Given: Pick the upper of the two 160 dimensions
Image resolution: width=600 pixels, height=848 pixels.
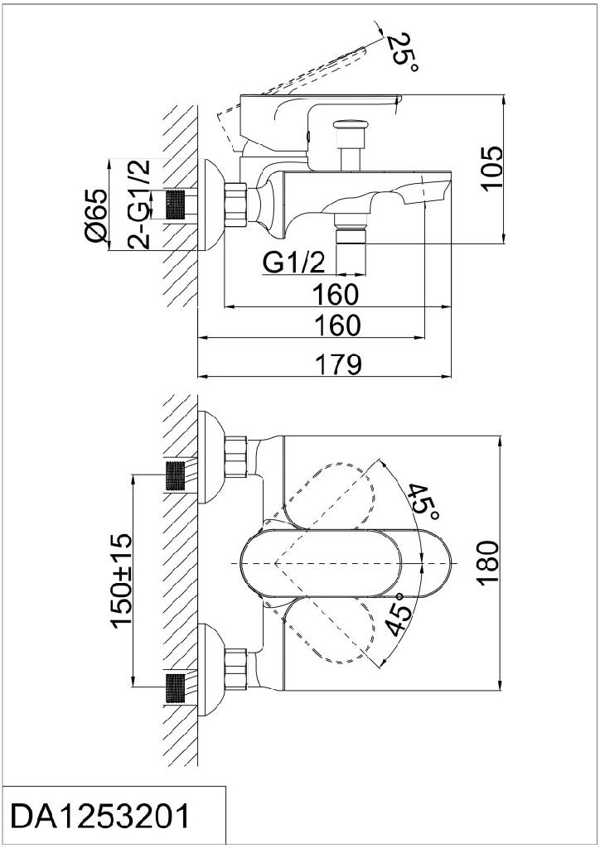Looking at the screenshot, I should [336, 294].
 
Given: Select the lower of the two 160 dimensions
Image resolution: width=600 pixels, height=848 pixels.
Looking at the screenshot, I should [336, 325].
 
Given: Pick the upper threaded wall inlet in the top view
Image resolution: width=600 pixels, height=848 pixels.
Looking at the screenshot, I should [175, 475].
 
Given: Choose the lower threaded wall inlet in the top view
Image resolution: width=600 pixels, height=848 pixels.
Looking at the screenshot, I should [175, 687].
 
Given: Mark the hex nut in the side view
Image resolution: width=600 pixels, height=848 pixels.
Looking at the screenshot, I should [236, 203].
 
